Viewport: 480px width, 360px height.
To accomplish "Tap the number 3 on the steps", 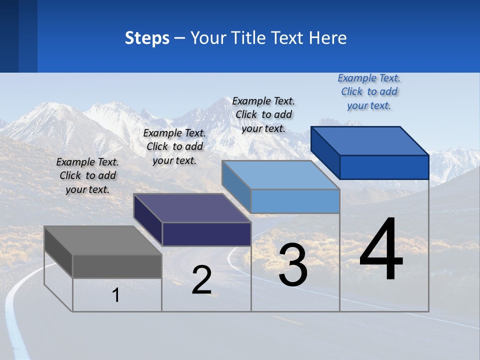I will point(293,265).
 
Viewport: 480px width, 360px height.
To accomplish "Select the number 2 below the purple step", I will point(201,280).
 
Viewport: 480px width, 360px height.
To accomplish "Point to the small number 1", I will point(116,295).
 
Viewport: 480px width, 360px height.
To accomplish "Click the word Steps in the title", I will point(147,38).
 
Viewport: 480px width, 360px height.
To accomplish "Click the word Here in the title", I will point(328,38).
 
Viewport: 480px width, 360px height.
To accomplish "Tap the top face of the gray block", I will point(102,240).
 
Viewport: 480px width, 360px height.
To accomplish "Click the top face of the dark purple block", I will point(192,208).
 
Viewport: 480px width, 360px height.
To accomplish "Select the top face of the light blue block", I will point(281,175).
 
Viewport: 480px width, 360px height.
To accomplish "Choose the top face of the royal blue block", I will point(370,141).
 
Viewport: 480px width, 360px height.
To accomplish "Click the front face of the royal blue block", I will point(384,167).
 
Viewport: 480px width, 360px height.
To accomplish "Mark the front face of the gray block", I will point(117,266).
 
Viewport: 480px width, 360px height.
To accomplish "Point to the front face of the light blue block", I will point(295,201).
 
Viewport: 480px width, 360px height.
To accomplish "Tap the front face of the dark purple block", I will point(206,234).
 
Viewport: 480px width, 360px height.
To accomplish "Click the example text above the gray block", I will point(87,175).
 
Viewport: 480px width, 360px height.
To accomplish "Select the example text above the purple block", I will point(174,146).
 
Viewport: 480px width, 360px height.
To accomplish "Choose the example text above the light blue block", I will point(263,114).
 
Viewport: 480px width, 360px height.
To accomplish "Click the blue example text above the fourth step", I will point(369,91).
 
